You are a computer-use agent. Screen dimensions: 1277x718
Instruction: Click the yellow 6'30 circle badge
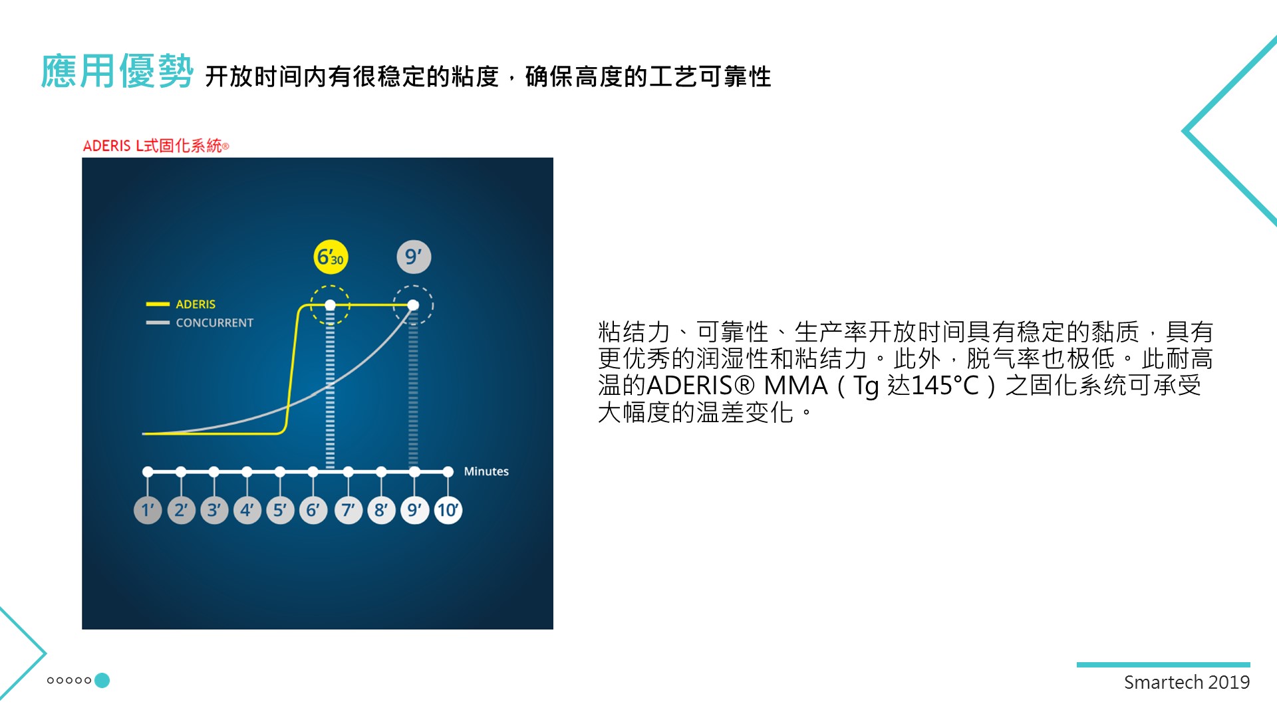pyautogui.click(x=331, y=257)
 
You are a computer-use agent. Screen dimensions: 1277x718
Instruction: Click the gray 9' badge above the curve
pyautogui.click(x=414, y=257)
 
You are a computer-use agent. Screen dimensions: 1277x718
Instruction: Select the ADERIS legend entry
pyautogui.click(x=181, y=304)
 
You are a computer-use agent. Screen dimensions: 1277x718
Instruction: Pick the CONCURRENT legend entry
pyautogui.click(x=200, y=323)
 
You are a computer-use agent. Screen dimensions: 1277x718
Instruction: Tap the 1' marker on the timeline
pyautogui.click(x=148, y=510)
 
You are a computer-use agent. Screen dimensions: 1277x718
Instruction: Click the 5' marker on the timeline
pyautogui.click(x=280, y=510)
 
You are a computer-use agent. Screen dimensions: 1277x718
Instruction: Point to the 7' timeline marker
pyautogui.click(x=348, y=510)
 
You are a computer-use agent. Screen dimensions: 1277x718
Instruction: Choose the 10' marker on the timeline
pyautogui.click(x=448, y=510)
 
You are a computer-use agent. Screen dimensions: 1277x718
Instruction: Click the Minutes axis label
pyautogui.click(x=486, y=471)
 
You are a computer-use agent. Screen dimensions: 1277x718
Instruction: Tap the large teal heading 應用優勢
pyautogui.click(x=117, y=71)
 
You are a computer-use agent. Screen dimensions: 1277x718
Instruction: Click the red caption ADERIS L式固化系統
pyautogui.click(x=156, y=146)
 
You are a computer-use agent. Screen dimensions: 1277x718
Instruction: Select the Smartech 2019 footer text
pyautogui.click(x=1187, y=682)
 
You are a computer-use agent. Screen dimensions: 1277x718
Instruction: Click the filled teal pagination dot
pyautogui.click(x=102, y=680)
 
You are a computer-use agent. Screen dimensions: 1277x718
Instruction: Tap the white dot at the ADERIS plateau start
pyautogui.click(x=331, y=305)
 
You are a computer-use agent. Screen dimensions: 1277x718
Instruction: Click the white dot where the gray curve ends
pyautogui.click(x=413, y=305)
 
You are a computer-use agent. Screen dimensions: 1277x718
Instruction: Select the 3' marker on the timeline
pyautogui.click(x=214, y=510)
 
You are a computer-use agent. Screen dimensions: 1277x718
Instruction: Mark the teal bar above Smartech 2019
pyautogui.click(x=1163, y=665)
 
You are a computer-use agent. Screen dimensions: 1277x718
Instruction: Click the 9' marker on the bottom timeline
pyautogui.click(x=415, y=510)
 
